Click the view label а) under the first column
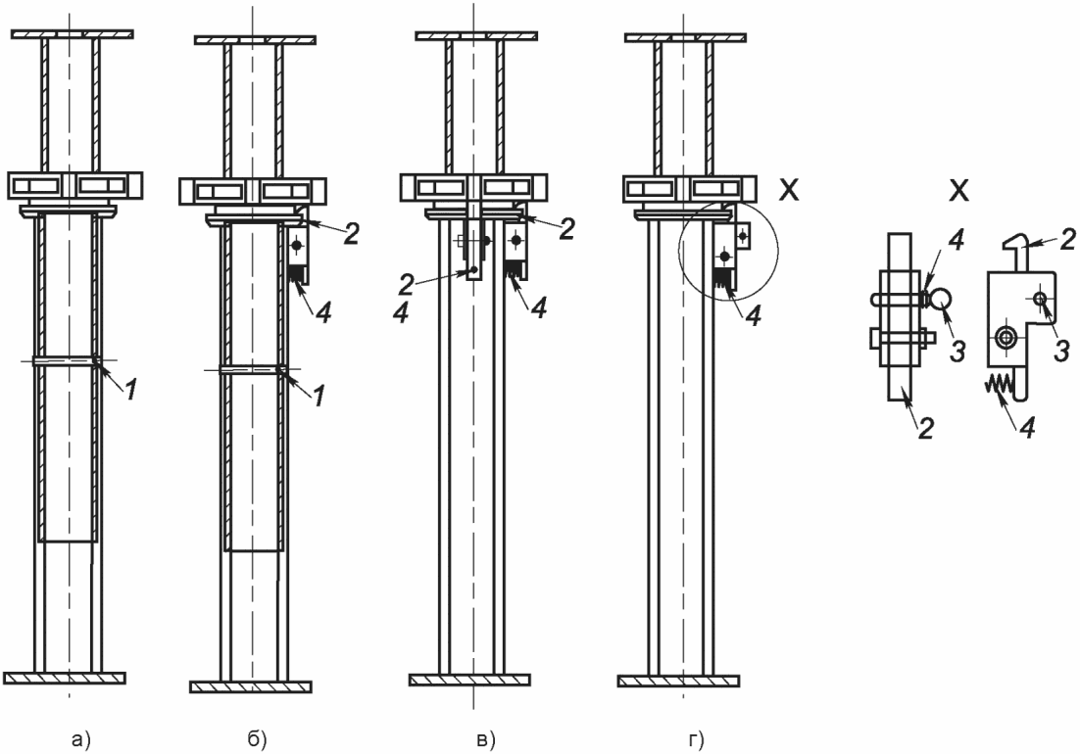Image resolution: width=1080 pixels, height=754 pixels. click(x=81, y=739)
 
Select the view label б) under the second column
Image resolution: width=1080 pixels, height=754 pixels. click(x=256, y=739)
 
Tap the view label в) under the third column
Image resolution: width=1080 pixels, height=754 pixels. click(x=486, y=739)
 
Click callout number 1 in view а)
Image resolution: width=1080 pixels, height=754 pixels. click(x=131, y=390)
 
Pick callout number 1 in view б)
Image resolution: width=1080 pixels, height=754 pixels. click(x=318, y=396)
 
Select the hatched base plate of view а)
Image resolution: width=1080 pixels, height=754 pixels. click(x=65, y=678)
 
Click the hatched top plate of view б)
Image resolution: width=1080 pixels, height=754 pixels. click(x=255, y=40)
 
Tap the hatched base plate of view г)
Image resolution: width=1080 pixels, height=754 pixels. click(x=678, y=682)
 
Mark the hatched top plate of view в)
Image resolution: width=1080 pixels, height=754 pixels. click(x=476, y=36)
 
